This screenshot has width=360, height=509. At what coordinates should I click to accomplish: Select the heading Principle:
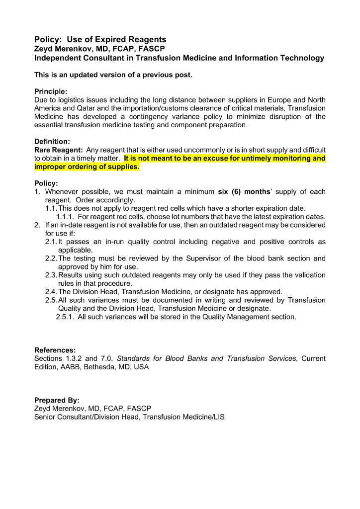pyautogui.click(x=51, y=91)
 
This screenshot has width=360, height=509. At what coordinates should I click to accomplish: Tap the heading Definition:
pyautogui.click(x=52, y=141)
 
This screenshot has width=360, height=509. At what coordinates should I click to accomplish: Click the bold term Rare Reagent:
pyautogui.click(x=59, y=150)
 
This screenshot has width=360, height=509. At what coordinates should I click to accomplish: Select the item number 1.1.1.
pyautogui.click(x=66, y=217)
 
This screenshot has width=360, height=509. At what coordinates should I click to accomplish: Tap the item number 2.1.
pyautogui.click(x=51, y=242)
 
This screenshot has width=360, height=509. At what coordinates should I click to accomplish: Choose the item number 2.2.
pyautogui.click(x=51, y=258)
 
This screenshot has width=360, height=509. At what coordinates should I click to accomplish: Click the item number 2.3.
pyautogui.click(x=51, y=275)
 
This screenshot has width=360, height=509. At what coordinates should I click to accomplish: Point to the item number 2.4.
pyautogui.click(x=51, y=292)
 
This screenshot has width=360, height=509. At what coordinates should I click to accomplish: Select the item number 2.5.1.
pyautogui.click(x=66, y=317)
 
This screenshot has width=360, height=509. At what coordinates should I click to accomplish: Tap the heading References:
pyautogui.click(x=55, y=350)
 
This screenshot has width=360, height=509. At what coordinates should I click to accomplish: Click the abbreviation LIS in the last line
pyautogui.click(x=219, y=417)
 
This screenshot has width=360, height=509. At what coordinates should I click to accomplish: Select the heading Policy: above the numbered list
pyautogui.click(x=46, y=183)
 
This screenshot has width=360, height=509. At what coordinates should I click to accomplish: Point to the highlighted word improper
pyautogui.click(x=52, y=167)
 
